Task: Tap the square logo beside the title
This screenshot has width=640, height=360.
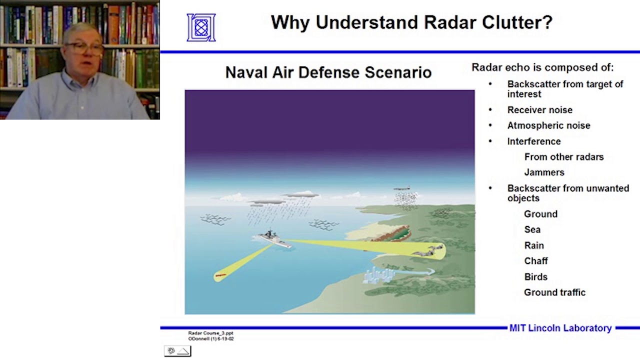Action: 201,27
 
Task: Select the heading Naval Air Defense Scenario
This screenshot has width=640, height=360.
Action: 328,72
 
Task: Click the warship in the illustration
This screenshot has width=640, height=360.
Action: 273,238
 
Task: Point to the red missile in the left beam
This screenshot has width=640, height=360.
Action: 220,275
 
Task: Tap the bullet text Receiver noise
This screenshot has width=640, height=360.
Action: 539,110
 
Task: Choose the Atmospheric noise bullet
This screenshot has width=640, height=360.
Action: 548,125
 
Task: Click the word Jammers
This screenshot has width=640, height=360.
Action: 544,172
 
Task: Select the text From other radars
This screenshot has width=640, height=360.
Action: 563,157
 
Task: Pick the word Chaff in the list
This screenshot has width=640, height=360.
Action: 535,261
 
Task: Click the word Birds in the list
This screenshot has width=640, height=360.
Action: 535,277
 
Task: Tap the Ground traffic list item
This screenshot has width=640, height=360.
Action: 554,292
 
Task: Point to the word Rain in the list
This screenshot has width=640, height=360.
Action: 533,245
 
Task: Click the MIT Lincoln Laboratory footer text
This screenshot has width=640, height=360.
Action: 560,328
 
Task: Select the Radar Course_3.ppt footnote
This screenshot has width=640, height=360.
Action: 210,333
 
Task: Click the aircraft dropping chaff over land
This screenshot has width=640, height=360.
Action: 401,189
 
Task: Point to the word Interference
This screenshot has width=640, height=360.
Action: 533,141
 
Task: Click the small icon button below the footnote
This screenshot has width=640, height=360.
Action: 177,351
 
